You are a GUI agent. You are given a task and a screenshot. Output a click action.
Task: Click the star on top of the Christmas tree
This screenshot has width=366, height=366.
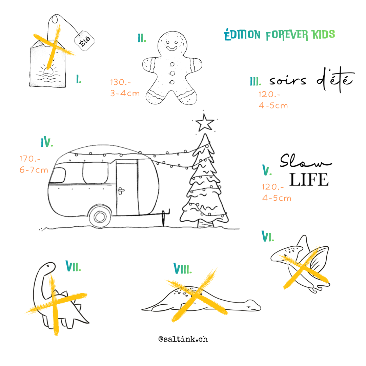(205, 123)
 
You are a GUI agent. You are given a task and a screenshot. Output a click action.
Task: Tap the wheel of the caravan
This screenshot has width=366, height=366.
(100, 217)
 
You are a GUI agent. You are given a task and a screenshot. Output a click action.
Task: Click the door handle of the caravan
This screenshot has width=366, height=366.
(121, 190)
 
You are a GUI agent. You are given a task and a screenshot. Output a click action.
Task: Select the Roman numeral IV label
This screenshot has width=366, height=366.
(47, 142)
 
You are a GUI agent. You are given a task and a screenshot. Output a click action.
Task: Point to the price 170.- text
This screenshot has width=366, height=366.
(30, 159)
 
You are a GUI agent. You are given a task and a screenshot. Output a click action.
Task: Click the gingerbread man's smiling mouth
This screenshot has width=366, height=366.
(172, 48)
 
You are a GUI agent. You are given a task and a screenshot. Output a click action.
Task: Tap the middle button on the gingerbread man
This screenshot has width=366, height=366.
(172, 73)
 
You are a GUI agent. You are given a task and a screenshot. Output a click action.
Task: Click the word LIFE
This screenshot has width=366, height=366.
(309, 180)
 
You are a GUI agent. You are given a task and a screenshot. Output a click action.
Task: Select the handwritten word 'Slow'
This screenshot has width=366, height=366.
(306, 161)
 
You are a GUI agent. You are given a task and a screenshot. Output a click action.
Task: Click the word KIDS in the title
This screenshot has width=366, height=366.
(324, 35)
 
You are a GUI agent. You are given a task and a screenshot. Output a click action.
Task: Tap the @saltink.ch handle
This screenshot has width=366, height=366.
(183, 339)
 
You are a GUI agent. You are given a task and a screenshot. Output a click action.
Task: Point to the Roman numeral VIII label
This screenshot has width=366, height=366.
(183, 268)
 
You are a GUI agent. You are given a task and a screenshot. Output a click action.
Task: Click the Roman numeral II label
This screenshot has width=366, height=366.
(142, 38)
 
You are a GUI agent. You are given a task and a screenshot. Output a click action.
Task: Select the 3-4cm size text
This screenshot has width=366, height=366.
(125, 94)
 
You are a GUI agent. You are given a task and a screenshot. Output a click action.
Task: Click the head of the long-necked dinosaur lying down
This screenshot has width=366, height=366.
(253, 305)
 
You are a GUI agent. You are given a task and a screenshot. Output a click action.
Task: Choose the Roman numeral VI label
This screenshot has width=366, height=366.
(267, 236)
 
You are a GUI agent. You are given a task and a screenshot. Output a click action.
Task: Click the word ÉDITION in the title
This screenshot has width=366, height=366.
(242, 35)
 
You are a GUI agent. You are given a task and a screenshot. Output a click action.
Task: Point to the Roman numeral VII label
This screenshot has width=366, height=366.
(73, 266)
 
